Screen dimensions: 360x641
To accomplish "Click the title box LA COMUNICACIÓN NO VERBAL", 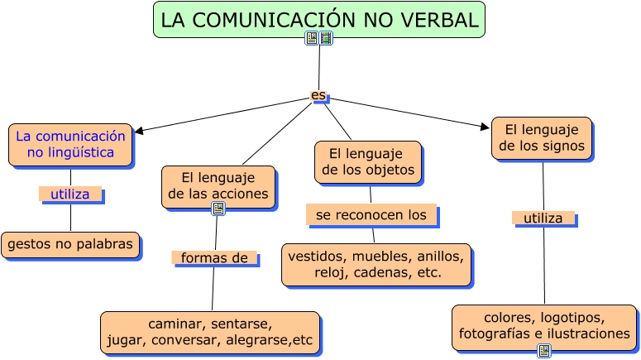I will pos(318,20).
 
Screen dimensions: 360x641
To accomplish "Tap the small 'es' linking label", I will pos(318,95).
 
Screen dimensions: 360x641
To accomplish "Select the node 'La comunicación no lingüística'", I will pos(70,145).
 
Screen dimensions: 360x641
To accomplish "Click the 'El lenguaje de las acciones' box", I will pos(218,186).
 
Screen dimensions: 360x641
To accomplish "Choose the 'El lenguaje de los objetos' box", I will pos(367,161).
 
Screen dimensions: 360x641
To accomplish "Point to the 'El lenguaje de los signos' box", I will pos(542,138).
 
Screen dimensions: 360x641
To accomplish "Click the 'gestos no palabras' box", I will pos(70,244).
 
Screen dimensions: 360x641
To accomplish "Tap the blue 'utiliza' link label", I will pos(70,194).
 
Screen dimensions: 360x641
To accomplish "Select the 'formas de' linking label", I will pos(214,258).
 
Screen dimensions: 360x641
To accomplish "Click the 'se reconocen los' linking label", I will pos(371,215).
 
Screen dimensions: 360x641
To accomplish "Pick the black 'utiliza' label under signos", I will pos(543,218).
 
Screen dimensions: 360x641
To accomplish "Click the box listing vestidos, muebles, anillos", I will pos(376,264).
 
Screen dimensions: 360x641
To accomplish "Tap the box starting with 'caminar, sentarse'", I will pos(210,332).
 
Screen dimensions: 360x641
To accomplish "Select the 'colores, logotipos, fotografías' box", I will pos(544,326).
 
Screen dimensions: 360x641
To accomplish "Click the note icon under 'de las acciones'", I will pos(218,209).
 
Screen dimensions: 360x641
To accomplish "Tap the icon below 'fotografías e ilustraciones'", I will pos(544,351).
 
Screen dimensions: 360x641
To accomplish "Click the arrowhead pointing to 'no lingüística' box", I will pos(138,130).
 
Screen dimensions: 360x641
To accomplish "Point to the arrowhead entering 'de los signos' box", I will pos(486,127).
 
